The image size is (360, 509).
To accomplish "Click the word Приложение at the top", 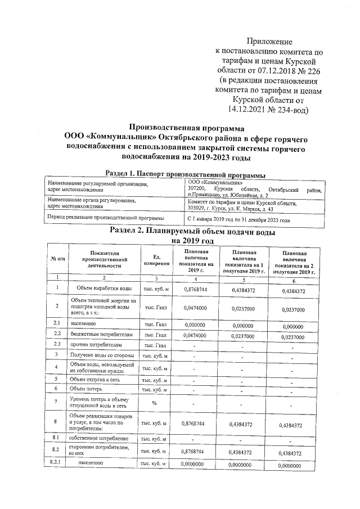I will click(271, 42).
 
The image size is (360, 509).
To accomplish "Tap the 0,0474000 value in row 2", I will click(195, 308).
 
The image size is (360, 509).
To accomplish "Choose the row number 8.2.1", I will click(57, 463).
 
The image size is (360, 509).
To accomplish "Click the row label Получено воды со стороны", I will click(101, 355).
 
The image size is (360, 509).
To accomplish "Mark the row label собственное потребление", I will click(98, 438).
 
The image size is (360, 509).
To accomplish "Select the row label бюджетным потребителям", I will click(101, 335).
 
